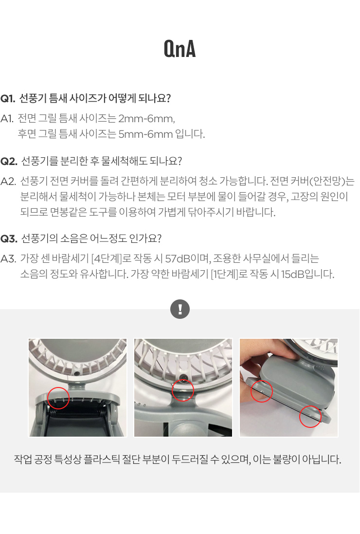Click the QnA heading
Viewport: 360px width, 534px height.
(x=180, y=49)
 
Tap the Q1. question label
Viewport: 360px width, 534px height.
(x=8, y=98)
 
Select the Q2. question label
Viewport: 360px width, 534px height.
(x=9, y=161)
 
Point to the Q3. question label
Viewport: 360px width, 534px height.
(x=9, y=239)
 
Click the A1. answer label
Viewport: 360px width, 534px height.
(x=7, y=118)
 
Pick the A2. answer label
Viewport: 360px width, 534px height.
(x=8, y=181)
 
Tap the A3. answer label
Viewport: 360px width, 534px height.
(x=8, y=259)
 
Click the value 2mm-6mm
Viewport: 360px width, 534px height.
(x=146, y=118)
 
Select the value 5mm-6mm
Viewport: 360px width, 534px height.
(x=145, y=134)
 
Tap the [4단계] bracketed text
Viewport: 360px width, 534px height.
(x=107, y=259)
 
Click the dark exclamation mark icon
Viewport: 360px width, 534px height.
(x=180, y=309)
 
